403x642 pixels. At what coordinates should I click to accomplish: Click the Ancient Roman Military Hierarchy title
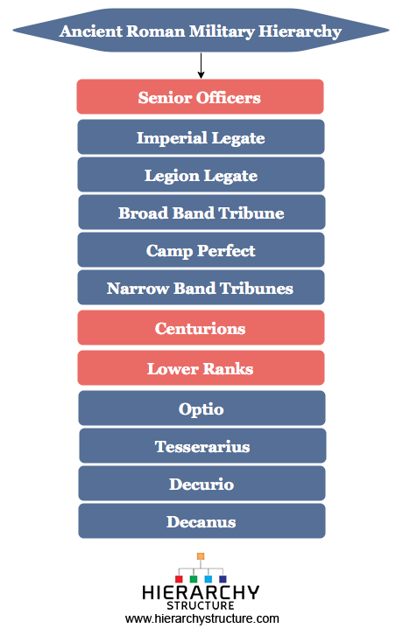(x=201, y=31)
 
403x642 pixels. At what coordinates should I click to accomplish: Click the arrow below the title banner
(x=201, y=65)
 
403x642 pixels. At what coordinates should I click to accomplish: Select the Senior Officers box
(x=200, y=96)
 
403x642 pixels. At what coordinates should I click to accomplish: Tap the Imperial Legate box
(x=201, y=136)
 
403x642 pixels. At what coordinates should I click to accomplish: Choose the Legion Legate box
(x=201, y=174)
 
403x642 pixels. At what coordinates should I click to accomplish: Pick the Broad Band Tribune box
(x=201, y=212)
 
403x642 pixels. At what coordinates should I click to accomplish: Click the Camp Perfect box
(x=201, y=250)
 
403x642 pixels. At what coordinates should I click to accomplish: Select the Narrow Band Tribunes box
(x=201, y=288)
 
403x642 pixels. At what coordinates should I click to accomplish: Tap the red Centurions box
(x=201, y=327)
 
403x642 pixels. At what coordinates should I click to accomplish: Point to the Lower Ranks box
(x=201, y=367)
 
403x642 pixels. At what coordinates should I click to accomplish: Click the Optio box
(x=201, y=408)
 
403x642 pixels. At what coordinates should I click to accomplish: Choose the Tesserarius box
(x=202, y=445)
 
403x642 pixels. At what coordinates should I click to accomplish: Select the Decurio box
(x=201, y=483)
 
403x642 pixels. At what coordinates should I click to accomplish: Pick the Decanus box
(x=201, y=520)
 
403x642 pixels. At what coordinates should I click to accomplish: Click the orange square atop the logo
(x=201, y=556)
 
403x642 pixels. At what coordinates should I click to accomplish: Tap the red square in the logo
(x=179, y=579)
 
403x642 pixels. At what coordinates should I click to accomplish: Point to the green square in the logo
(x=194, y=579)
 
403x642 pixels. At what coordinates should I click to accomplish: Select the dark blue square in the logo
(x=223, y=579)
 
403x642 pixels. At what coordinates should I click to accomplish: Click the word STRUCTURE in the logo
(x=201, y=605)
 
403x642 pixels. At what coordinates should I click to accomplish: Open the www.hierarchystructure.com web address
(x=202, y=618)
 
